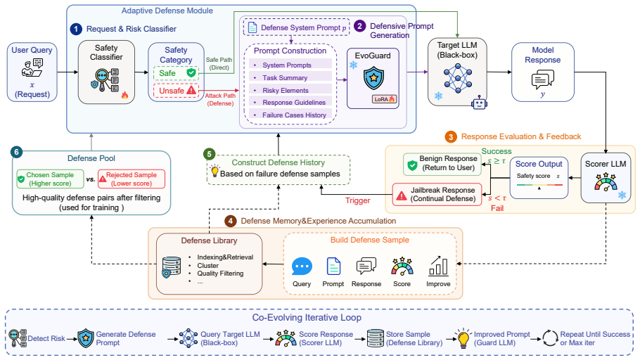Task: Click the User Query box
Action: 32,72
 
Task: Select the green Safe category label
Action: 176,73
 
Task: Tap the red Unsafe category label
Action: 176,91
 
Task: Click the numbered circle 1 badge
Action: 76,29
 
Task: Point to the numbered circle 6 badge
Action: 16,153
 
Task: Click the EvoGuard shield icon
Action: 373,78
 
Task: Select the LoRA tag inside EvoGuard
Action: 384,98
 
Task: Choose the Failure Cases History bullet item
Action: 290,115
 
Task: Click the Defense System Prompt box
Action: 297,27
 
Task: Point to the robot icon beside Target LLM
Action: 479,103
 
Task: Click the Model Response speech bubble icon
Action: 542,79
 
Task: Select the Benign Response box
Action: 442,164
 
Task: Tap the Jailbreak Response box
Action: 437,194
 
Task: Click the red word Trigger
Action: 357,200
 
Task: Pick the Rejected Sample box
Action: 132,179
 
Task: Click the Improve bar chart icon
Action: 438,266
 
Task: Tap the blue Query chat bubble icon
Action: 302,266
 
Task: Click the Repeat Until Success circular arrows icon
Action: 550,338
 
